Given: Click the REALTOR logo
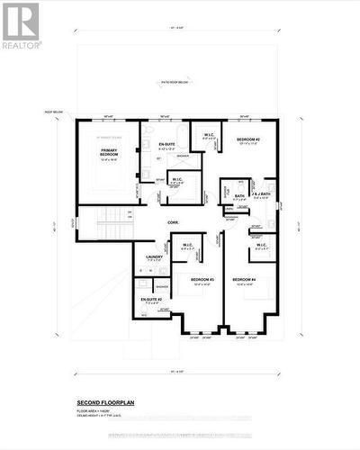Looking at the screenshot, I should [x=21, y=24].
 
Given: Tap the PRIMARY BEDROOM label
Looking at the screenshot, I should [x=108, y=154].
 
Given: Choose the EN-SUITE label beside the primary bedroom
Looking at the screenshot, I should [x=166, y=145].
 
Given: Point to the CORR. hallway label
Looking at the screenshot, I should [x=169, y=222].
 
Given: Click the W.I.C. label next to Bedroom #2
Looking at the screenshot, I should [x=206, y=136].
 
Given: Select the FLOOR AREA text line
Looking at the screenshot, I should [x=95, y=409].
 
